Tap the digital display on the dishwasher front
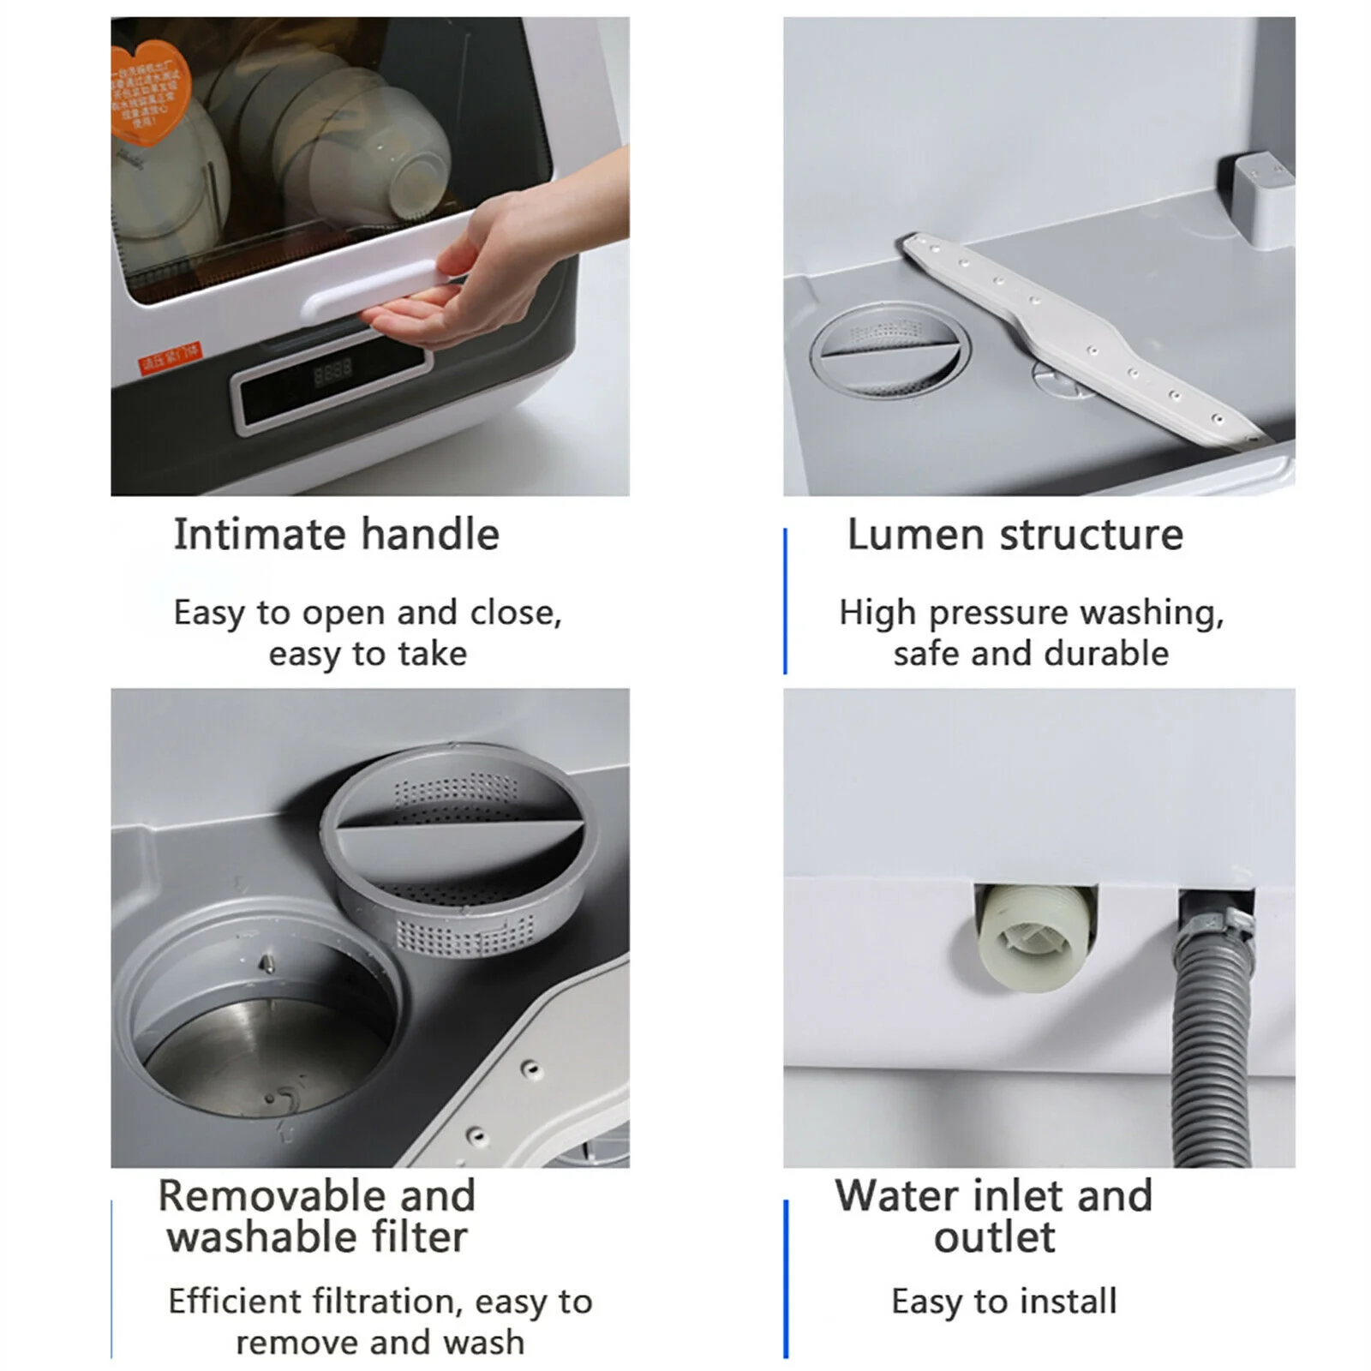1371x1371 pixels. [332, 373]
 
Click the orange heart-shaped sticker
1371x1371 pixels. [147, 90]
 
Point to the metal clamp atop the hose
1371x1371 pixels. [1217, 921]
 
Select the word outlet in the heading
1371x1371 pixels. [994, 1237]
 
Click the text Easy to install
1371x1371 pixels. [1004, 1301]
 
